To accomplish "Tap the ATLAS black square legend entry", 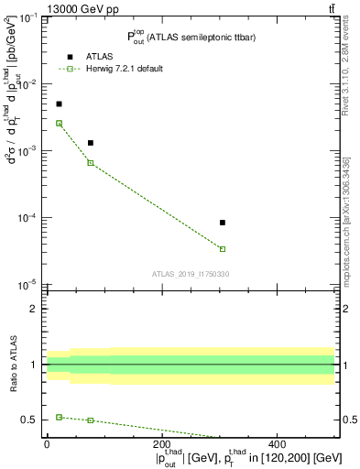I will [x=70, y=57].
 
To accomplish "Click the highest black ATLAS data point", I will [x=60, y=104].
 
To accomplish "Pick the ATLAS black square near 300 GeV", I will [x=223, y=223].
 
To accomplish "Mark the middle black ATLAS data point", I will [x=91, y=143].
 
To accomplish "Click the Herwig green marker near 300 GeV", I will [x=223, y=249].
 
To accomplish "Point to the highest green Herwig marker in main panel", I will [x=60, y=123].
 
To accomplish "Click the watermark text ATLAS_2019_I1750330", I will [x=191, y=274].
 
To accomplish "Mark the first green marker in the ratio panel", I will [x=60, y=417].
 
